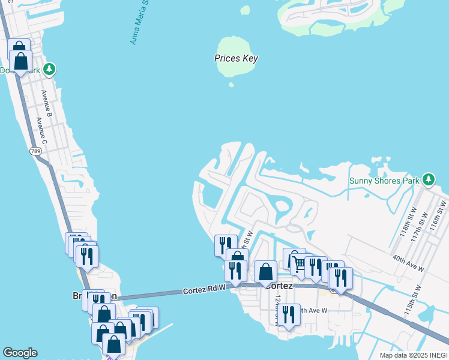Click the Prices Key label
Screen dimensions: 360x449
point(236,59)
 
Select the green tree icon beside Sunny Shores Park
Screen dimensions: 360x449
point(428,179)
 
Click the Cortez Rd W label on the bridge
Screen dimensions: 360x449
point(205,291)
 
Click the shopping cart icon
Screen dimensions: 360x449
point(298,263)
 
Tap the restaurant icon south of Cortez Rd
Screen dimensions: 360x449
point(289,315)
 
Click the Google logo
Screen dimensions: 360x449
point(20,353)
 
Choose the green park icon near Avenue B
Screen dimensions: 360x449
point(50,70)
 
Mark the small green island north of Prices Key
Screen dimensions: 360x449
point(245,10)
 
